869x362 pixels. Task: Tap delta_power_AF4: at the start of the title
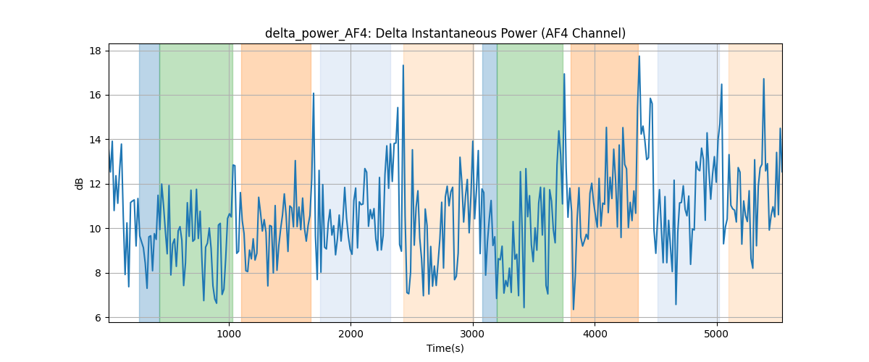[319, 34]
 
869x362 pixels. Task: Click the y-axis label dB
[80, 183]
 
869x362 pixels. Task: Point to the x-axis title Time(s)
[445, 348]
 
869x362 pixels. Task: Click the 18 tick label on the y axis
[96, 51]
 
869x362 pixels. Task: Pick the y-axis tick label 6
[98, 318]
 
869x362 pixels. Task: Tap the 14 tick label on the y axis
[96, 140]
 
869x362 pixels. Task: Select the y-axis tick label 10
[96, 229]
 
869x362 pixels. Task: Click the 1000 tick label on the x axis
[229, 334]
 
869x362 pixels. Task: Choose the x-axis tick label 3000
[473, 334]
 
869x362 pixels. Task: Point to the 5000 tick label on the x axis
[716, 334]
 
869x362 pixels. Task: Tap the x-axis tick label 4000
[595, 334]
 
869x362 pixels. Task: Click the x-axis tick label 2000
[350, 334]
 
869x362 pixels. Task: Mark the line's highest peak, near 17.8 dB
[639, 56]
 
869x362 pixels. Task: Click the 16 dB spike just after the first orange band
[314, 93]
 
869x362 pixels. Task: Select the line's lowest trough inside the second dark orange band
[574, 309]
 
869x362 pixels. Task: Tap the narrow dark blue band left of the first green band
[149, 182]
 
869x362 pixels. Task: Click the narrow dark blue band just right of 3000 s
[490, 182]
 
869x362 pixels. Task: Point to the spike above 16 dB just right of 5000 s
[721, 84]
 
